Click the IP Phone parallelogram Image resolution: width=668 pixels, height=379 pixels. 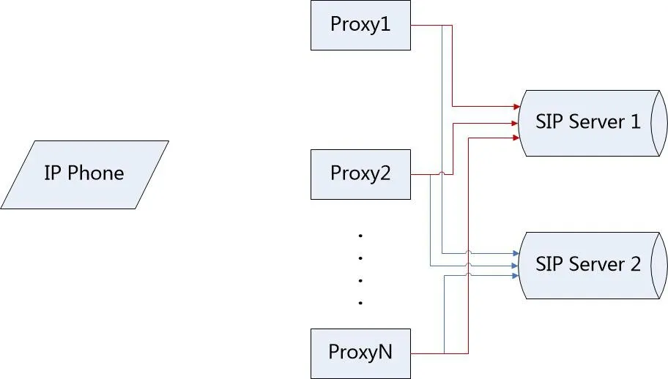84,174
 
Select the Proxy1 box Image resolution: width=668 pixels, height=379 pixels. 360,25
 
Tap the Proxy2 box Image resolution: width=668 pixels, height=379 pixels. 360,174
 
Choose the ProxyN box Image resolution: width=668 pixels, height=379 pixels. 360,353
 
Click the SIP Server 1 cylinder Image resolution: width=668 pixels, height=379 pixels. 590,122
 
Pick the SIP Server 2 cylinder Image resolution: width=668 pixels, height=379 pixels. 590,264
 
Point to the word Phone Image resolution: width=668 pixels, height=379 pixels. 96,174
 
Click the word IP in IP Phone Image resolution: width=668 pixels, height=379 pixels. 51,174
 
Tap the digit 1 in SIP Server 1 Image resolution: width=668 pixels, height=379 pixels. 635,121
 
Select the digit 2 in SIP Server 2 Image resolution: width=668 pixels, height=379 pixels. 635,263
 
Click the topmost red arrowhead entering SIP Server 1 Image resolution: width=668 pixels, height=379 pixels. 516,107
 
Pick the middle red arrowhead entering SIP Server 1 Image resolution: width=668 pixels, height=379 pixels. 516,123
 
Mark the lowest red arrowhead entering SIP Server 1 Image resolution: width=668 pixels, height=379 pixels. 516,137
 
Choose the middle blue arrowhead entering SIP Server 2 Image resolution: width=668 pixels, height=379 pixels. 516,265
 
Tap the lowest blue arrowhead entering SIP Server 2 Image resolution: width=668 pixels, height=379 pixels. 516,276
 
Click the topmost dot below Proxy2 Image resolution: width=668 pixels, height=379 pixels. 361,236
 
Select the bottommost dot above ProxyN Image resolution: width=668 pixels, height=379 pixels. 361,302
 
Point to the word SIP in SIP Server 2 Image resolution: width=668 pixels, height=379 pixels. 549,263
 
